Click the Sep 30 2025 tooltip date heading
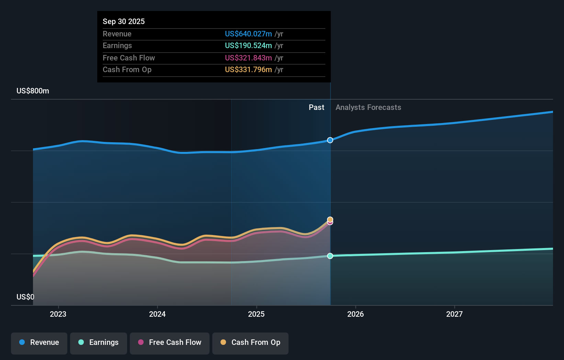tap(124, 21)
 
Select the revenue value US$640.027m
tap(248, 34)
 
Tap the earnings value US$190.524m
tap(248, 45)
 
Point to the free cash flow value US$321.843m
tap(248, 58)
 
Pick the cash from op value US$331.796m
tap(248, 69)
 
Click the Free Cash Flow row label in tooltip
tap(129, 58)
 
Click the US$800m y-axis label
tap(33, 91)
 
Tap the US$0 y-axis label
tap(25, 297)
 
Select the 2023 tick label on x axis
tap(58, 314)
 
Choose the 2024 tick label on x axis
tap(157, 314)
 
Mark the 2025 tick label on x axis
tap(256, 314)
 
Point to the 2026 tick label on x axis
tap(356, 314)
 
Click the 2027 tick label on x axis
tap(454, 314)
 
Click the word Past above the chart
tap(316, 107)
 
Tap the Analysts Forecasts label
tap(368, 107)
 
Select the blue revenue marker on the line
tap(330, 140)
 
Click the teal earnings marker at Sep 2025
tap(330, 256)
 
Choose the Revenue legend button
tap(39, 342)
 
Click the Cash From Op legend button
tap(250, 342)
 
